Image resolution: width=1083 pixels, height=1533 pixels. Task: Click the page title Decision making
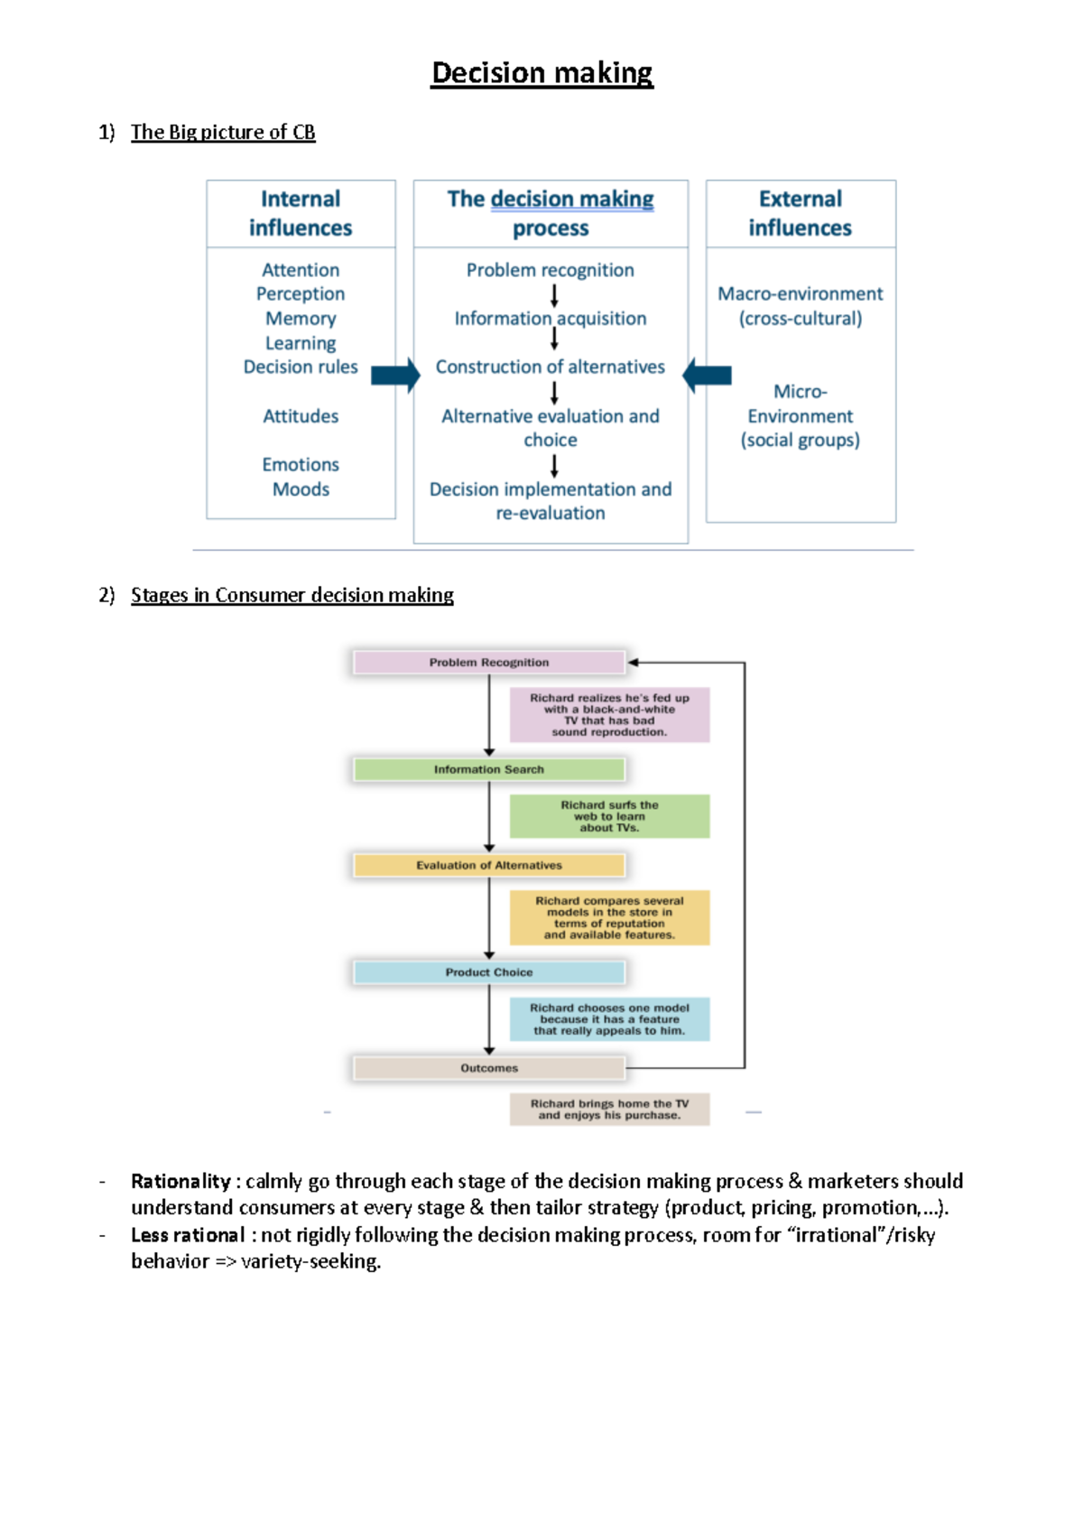pos(541,73)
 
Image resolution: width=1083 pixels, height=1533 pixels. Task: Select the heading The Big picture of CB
pos(223,133)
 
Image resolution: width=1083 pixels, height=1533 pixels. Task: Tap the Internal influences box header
pos(301,213)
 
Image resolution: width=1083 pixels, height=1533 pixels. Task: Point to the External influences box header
pos(800,213)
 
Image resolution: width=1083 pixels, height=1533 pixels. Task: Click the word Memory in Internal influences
pos(301,319)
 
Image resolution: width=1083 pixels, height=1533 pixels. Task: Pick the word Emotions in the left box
pos(301,465)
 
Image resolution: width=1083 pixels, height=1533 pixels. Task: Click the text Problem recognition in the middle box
pos(550,270)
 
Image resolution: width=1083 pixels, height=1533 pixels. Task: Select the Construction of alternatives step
pos(550,367)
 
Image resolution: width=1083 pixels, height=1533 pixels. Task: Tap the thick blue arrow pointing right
pos(395,376)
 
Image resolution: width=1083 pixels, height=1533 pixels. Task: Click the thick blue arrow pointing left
pos(707,376)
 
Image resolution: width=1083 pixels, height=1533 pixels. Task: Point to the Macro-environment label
pos(800,294)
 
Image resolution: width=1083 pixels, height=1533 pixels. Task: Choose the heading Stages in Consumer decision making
pos(292,596)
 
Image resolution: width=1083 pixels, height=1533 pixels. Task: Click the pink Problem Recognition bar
pos(488,663)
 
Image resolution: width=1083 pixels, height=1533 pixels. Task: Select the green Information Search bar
pos(488,770)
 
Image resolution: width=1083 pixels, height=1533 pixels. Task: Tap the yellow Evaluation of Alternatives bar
pos(488,866)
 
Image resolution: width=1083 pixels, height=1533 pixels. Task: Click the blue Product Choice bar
pos(488,972)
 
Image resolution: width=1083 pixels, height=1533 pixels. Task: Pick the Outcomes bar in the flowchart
pos(488,1068)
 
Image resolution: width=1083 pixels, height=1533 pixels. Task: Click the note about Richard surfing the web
pos(609,816)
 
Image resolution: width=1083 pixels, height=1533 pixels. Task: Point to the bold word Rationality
pos(180,1182)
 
